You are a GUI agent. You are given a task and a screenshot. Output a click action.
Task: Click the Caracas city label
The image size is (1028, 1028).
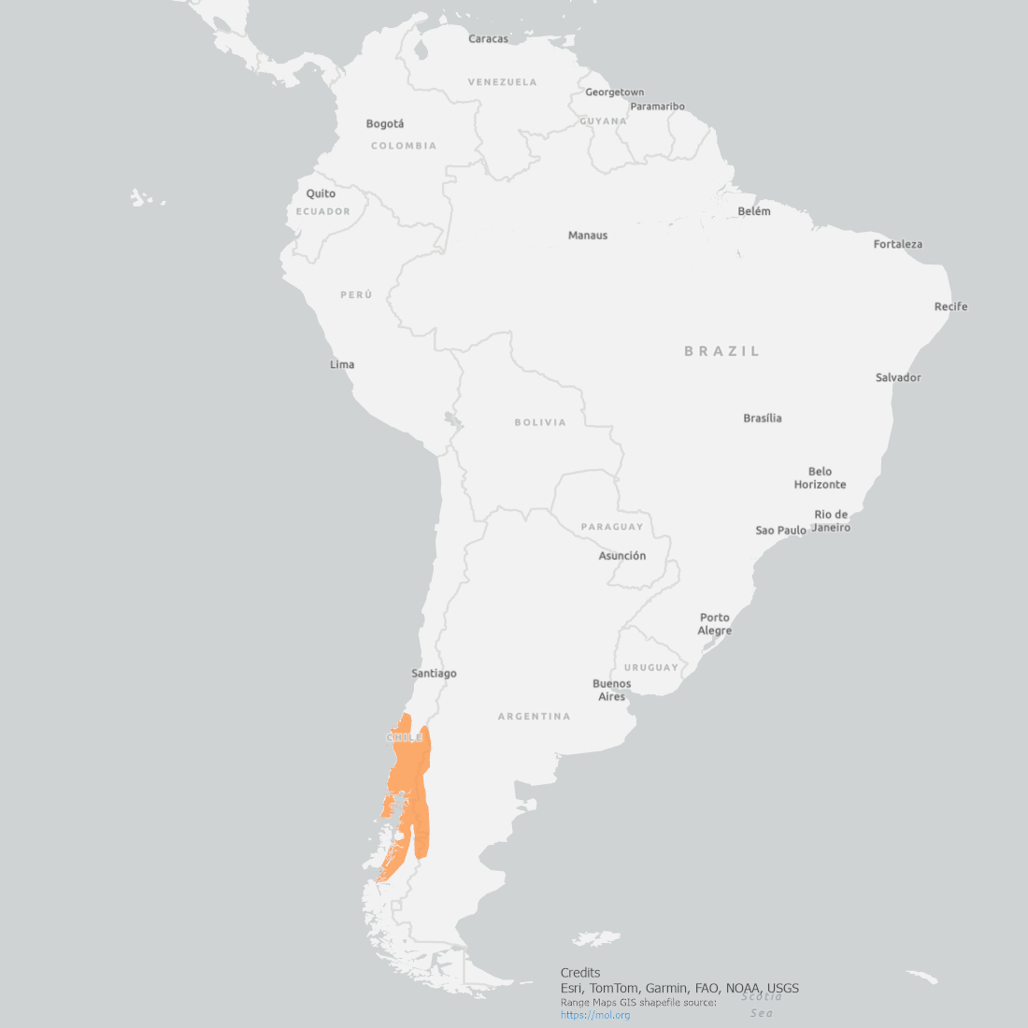click(x=488, y=39)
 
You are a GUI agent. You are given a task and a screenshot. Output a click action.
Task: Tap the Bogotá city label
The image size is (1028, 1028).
click(x=385, y=124)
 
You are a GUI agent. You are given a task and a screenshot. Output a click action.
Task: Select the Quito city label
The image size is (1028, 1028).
click(x=321, y=194)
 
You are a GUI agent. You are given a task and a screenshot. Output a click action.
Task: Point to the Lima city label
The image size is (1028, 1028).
click(x=342, y=364)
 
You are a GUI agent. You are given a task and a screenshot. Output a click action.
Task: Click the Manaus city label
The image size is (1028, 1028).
click(x=588, y=236)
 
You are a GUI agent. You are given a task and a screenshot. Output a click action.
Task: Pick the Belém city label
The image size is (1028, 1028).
click(x=754, y=212)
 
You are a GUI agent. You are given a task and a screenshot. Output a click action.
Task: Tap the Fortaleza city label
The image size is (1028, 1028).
click(x=897, y=245)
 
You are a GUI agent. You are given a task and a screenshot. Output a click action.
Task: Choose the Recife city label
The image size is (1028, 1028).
click(x=950, y=307)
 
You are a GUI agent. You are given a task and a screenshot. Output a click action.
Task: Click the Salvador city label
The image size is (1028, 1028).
click(x=898, y=378)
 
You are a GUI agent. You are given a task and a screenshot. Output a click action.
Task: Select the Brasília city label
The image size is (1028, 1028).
click(x=763, y=419)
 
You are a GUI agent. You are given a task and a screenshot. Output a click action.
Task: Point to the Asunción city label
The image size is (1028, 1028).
click(x=622, y=556)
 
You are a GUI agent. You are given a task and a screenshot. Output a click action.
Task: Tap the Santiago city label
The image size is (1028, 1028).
click(x=434, y=674)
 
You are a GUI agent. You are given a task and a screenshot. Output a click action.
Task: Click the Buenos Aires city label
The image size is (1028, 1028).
click(x=611, y=691)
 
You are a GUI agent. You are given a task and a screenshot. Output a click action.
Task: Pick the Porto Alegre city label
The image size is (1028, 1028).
click(x=715, y=624)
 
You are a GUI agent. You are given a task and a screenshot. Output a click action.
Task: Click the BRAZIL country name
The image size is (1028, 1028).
click(x=722, y=351)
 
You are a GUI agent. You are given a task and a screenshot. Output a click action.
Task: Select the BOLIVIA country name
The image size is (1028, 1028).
click(x=540, y=422)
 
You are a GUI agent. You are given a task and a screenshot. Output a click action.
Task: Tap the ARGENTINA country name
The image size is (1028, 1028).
click(x=534, y=717)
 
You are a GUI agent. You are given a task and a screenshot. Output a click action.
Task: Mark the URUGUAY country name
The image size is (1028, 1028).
click(x=651, y=668)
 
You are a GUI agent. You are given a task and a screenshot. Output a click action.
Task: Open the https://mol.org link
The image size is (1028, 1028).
click(x=595, y=1015)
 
